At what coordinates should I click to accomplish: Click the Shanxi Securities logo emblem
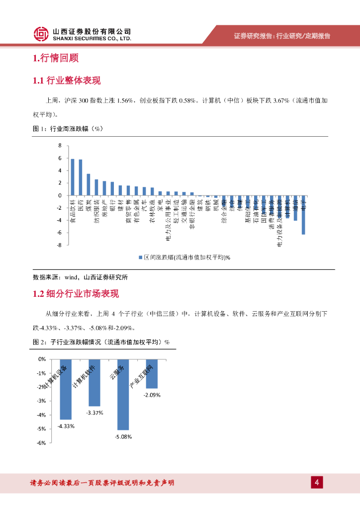(x=41, y=34)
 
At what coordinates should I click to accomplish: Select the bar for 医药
(x=81, y=177)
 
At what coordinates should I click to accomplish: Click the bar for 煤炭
(x=89, y=184)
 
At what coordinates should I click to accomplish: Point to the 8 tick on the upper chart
(x=60, y=146)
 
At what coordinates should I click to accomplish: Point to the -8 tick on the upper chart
(x=59, y=245)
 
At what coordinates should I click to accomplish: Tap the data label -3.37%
(x=94, y=413)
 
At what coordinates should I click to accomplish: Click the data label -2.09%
(x=152, y=395)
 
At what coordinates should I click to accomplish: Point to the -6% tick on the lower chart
(x=42, y=443)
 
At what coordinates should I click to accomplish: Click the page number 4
(x=316, y=482)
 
